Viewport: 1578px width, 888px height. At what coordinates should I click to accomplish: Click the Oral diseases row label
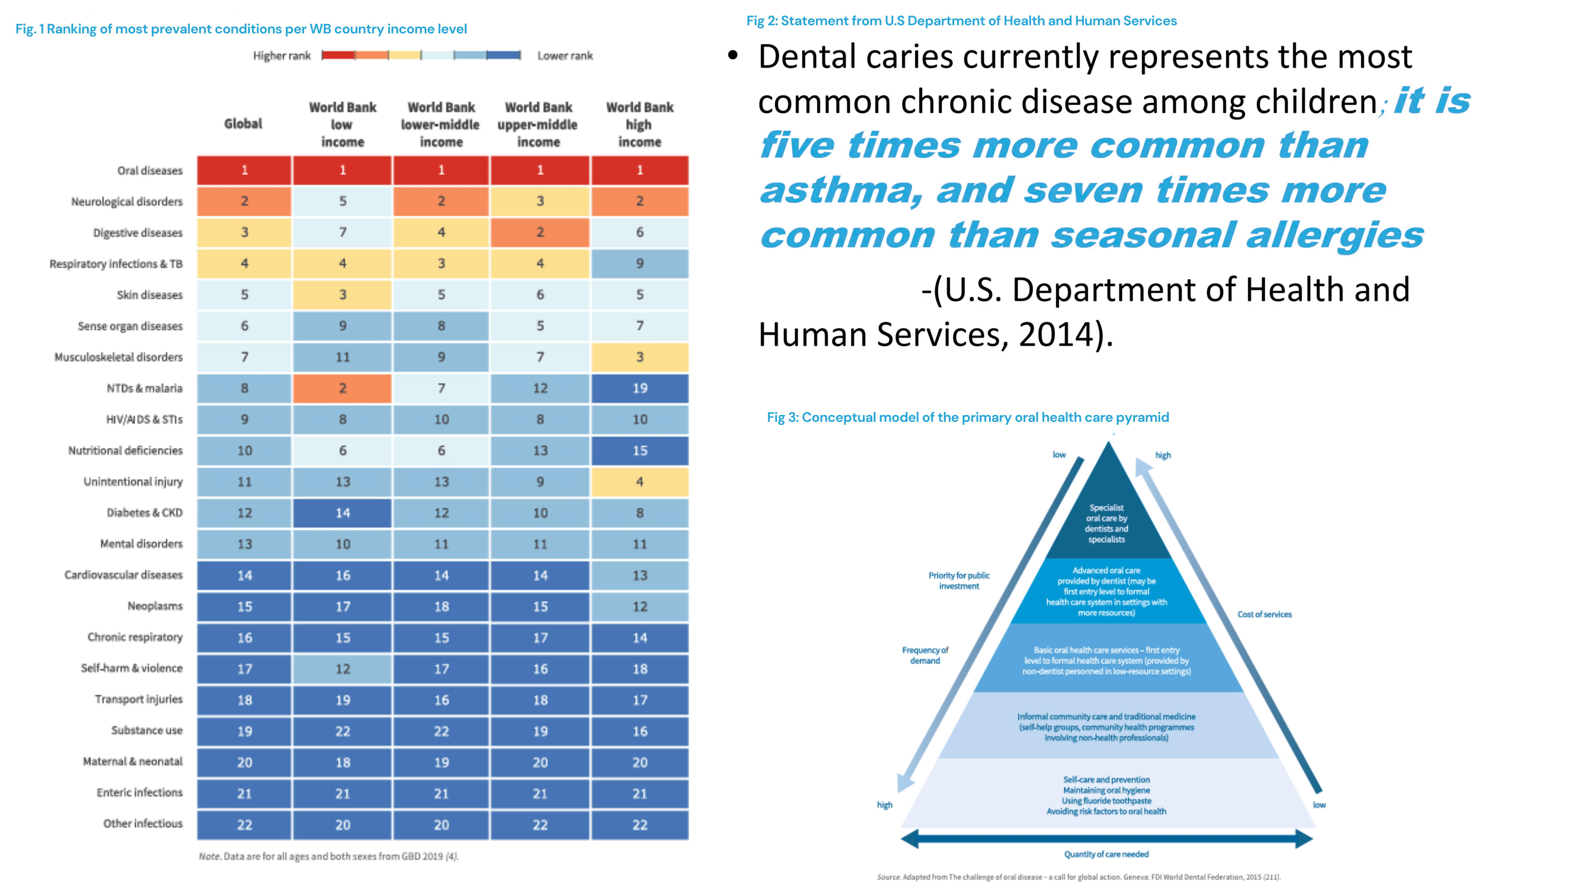[150, 170]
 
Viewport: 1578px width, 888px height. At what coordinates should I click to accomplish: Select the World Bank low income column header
[342, 124]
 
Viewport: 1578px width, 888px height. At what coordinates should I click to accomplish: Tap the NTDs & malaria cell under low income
[342, 388]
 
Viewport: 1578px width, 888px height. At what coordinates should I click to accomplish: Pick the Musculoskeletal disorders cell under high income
[640, 357]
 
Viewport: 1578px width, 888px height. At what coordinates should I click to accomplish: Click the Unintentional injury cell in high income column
[640, 482]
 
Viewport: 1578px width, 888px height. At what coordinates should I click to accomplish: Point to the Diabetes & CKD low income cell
[342, 513]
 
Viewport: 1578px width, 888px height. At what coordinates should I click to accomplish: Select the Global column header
[243, 124]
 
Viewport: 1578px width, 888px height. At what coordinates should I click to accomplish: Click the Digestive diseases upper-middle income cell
[540, 232]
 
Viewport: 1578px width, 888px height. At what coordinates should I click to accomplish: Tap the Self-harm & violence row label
[132, 668]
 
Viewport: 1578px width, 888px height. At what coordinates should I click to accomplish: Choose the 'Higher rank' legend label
[282, 56]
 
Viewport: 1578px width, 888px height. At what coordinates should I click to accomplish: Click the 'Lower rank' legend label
[565, 56]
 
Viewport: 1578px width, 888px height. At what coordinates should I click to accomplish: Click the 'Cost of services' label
[1264, 614]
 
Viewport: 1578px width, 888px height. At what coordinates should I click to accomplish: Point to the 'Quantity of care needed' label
[1106, 854]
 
